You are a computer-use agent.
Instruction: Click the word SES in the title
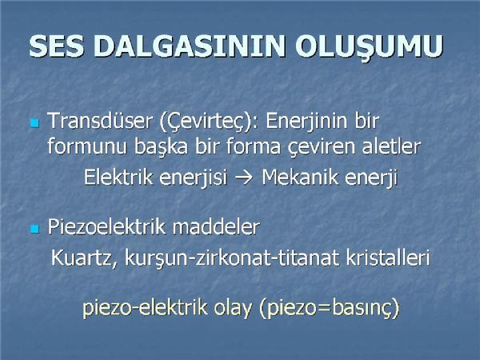56,46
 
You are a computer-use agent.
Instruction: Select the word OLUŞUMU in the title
369,47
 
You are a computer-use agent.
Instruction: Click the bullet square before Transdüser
35,123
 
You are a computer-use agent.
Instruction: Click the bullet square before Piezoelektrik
35,229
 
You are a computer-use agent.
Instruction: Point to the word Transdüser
100,120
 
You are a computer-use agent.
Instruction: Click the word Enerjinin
307,122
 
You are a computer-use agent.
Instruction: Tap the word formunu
87,146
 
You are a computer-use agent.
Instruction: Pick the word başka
161,147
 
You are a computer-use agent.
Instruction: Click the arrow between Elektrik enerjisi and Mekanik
244,178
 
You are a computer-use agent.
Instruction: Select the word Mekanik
300,177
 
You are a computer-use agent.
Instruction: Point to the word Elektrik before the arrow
118,177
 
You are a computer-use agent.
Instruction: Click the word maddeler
216,227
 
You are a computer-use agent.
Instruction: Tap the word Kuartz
84,258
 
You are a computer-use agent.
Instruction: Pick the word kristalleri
388,258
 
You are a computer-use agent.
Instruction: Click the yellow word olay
232,308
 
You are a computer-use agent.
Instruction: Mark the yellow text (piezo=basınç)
329,308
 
